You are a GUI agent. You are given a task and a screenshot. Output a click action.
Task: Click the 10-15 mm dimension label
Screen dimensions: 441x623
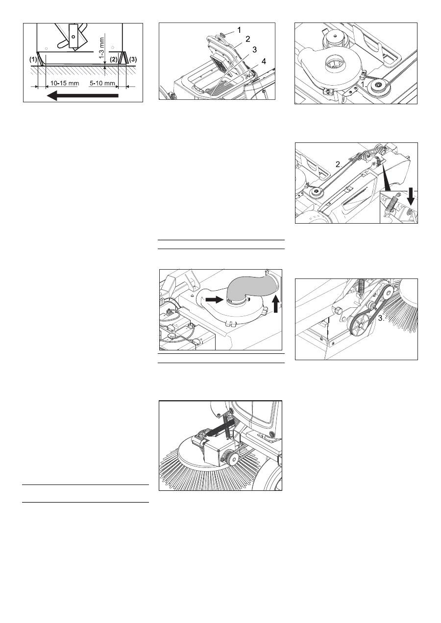click(x=65, y=83)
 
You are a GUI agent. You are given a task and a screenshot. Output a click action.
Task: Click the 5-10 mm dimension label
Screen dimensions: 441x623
click(x=102, y=83)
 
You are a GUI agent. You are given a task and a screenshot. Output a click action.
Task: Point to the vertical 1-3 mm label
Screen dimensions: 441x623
click(x=102, y=47)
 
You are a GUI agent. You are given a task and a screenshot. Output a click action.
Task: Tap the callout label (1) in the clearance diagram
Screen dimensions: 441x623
click(x=33, y=59)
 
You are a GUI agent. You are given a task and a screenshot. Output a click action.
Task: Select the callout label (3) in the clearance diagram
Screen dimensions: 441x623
click(x=133, y=59)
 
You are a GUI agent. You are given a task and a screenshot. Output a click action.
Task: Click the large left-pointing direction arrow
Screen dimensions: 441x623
click(x=83, y=95)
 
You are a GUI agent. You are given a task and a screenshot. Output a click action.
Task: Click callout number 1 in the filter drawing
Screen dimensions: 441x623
click(x=239, y=30)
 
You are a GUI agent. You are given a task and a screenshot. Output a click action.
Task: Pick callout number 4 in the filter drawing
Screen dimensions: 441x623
click(x=264, y=61)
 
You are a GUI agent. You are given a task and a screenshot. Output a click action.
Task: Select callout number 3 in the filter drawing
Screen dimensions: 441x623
click(x=254, y=49)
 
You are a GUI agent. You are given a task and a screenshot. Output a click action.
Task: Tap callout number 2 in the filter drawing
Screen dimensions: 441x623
click(x=248, y=39)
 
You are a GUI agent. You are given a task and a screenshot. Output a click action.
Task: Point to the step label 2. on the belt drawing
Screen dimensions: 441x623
click(x=339, y=164)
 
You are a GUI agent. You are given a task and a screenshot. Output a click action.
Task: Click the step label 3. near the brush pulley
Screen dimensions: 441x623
click(x=381, y=319)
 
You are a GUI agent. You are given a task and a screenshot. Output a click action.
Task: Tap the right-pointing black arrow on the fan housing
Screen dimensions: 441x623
click(x=215, y=299)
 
